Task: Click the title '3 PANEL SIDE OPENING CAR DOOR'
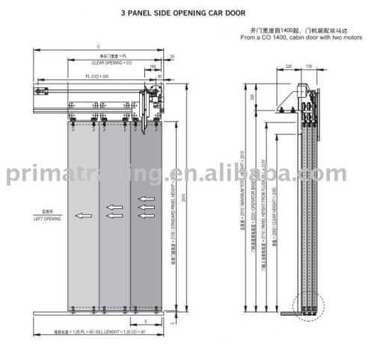pyautogui.click(x=187, y=13)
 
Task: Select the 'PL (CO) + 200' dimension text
pyautogui.click(x=98, y=77)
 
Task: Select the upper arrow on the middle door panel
pyautogui.click(x=114, y=207)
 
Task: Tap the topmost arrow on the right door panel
pyautogui.click(x=147, y=200)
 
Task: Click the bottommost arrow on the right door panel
pyautogui.click(x=147, y=216)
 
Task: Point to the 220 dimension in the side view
pyautogui.click(x=289, y=66)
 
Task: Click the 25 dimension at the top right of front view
pyautogui.click(x=172, y=57)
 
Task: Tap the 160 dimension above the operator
pyautogui.click(x=152, y=67)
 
